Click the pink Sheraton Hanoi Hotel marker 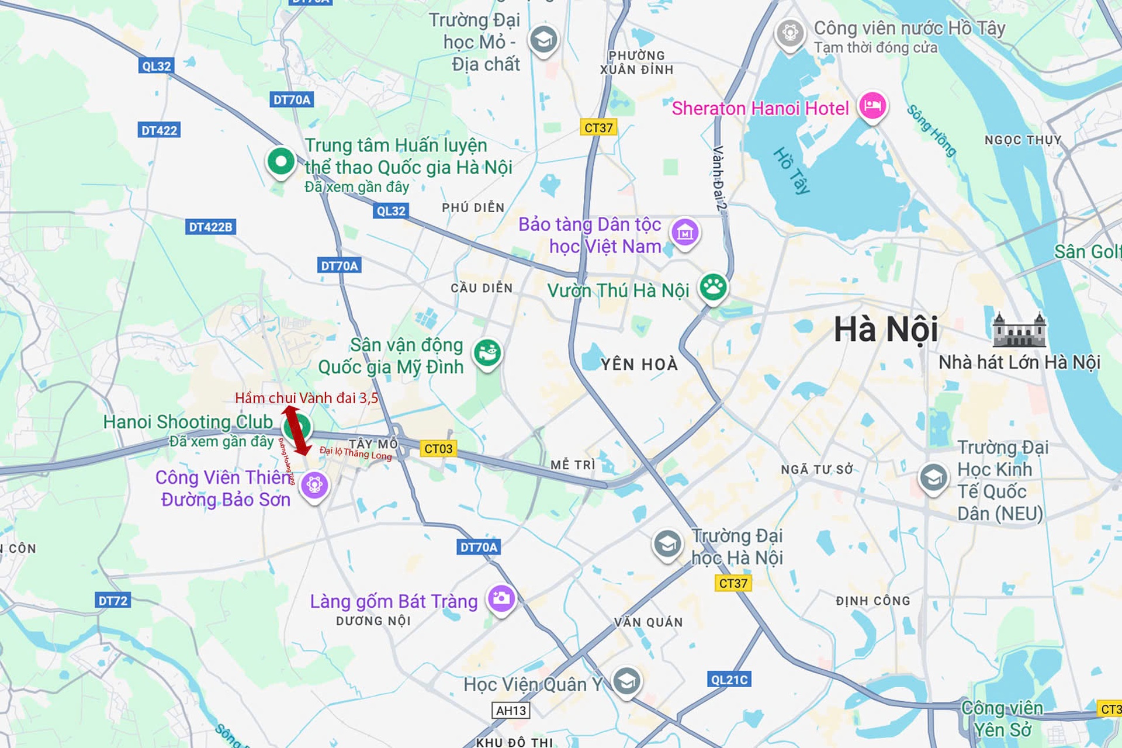872,106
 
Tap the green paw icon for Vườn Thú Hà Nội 714,287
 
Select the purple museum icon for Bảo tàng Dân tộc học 685,233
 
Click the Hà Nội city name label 885,330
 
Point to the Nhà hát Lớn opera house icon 1019,330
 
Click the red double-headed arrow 297,430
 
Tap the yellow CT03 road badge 438,449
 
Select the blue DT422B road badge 210,227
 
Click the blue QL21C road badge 729,680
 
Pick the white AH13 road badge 511,711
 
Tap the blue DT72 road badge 112,601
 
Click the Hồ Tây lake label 792,171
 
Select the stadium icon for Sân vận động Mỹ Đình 487,352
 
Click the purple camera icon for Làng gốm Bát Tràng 501,598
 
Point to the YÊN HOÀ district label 639,365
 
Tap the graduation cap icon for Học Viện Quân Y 626,681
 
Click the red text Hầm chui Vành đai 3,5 306,398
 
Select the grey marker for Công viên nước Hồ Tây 790,32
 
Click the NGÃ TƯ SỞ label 817,470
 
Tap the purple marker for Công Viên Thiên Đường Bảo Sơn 314,484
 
